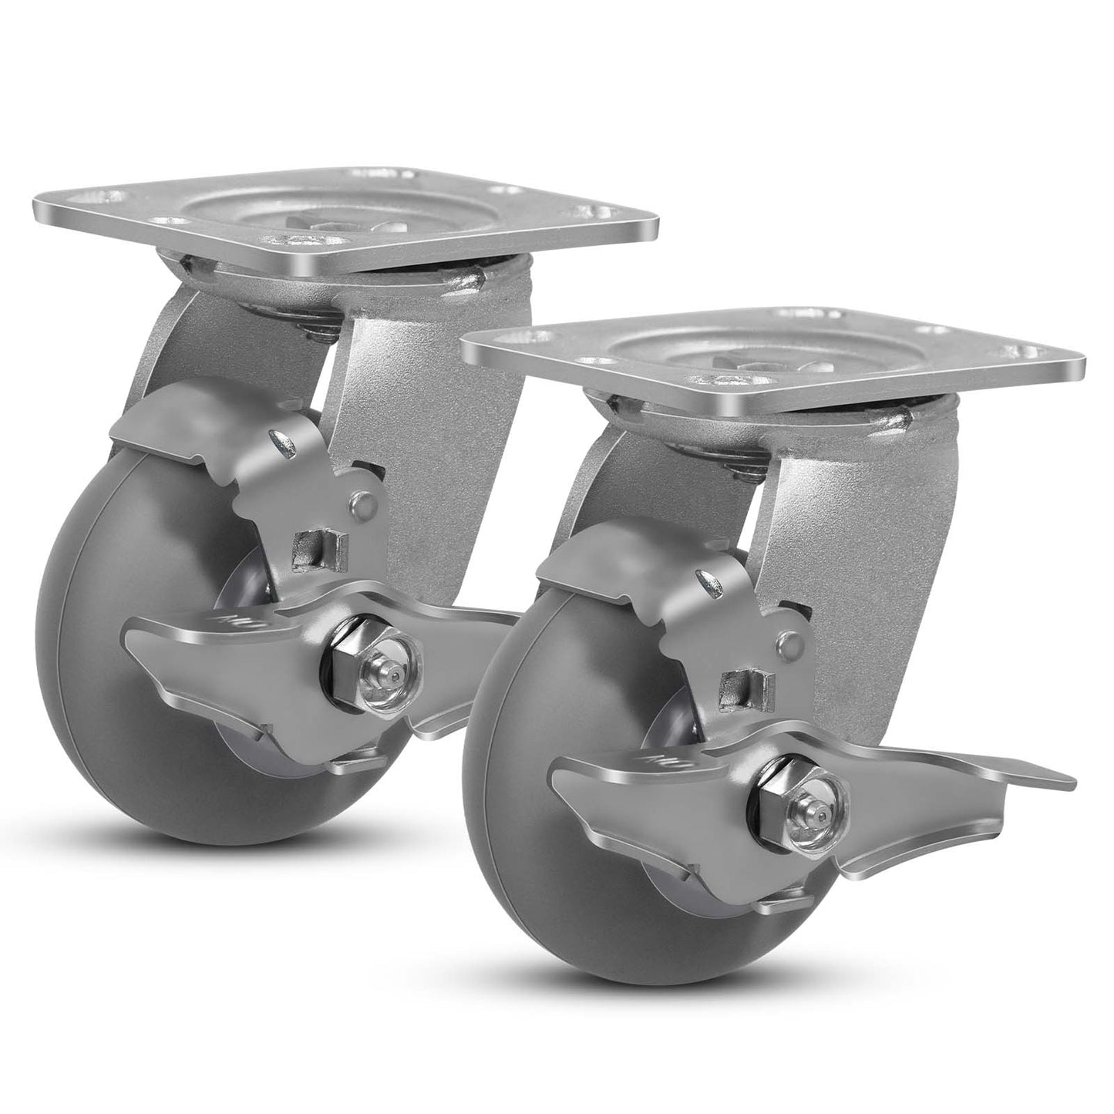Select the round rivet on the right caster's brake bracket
coord(788,641)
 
